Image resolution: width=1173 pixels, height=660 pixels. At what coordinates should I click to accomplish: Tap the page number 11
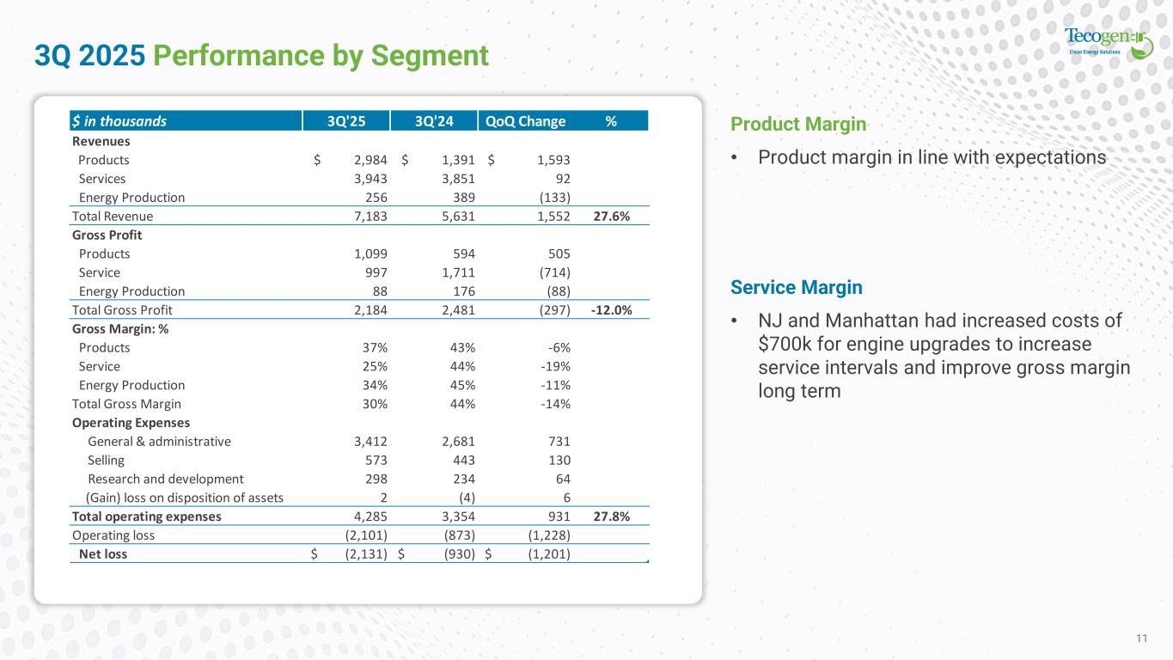pyautogui.click(x=1141, y=638)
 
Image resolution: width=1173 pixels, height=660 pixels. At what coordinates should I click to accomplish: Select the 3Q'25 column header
pyautogui.click(x=345, y=121)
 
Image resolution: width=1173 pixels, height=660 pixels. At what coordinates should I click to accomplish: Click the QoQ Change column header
pyautogui.click(x=525, y=121)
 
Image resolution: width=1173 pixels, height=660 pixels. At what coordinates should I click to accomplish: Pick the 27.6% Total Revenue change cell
pyautogui.click(x=611, y=217)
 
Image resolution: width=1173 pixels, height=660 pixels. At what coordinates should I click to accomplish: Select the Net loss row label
pyautogui.click(x=102, y=554)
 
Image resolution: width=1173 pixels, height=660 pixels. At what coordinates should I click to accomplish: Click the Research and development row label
pyautogui.click(x=166, y=479)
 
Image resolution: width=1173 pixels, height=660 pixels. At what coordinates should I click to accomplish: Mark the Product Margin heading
pyautogui.click(x=797, y=125)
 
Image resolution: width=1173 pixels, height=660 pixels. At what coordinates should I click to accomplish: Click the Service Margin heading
pyautogui.click(x=796, y=287)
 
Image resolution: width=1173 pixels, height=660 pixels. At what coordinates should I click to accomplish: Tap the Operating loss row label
pyautogui.click(x=114, y=535)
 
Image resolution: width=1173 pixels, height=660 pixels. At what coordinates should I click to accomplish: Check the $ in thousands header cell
pyautogui.click(x=119, y=121)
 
